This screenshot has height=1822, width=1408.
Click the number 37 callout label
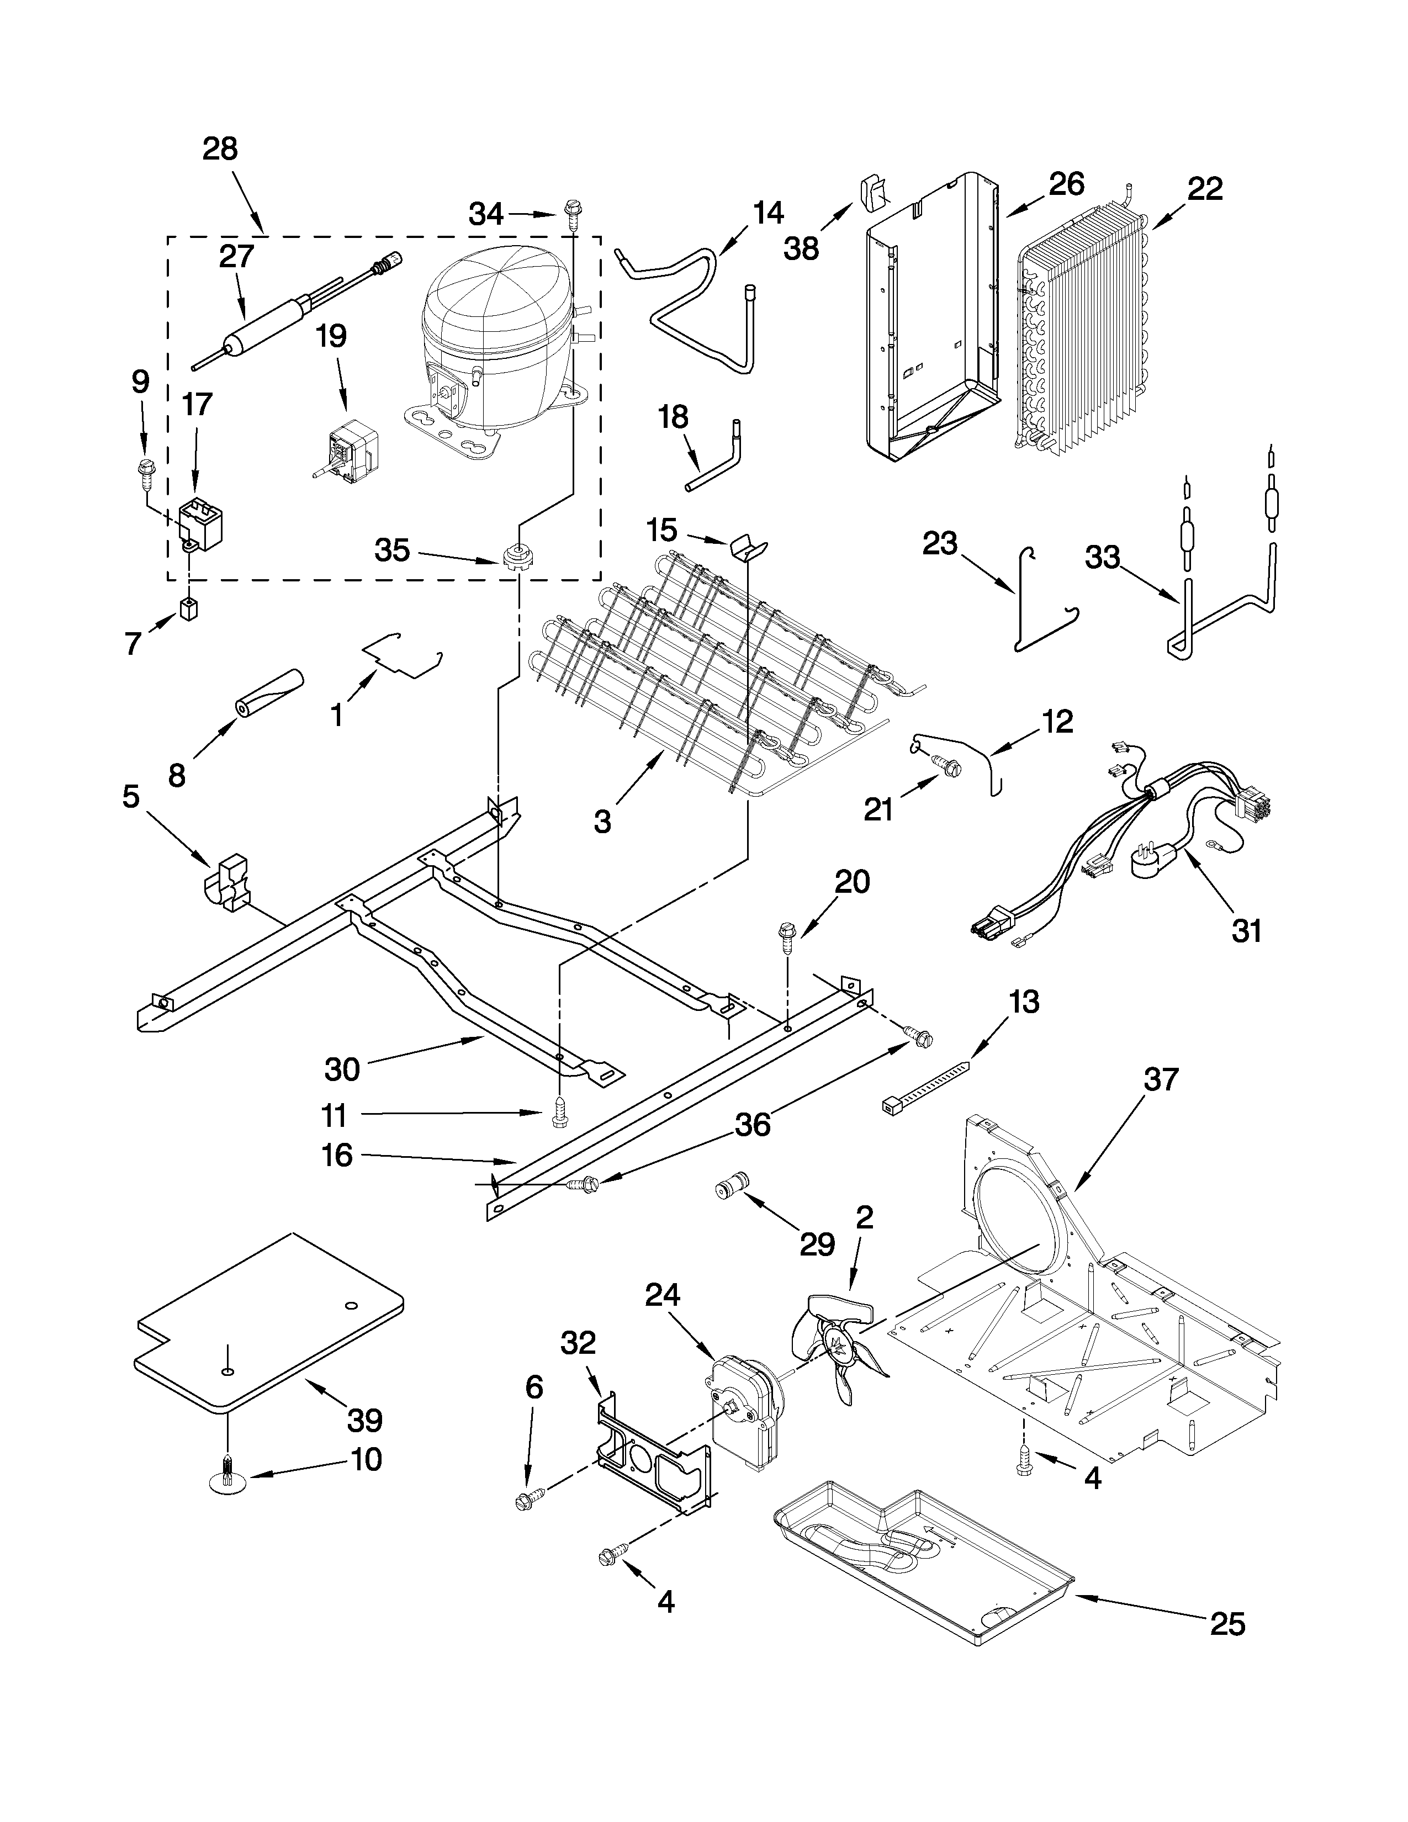click(x=1161, y=1079)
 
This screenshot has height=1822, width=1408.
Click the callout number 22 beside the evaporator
click(x=1204, y=189)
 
